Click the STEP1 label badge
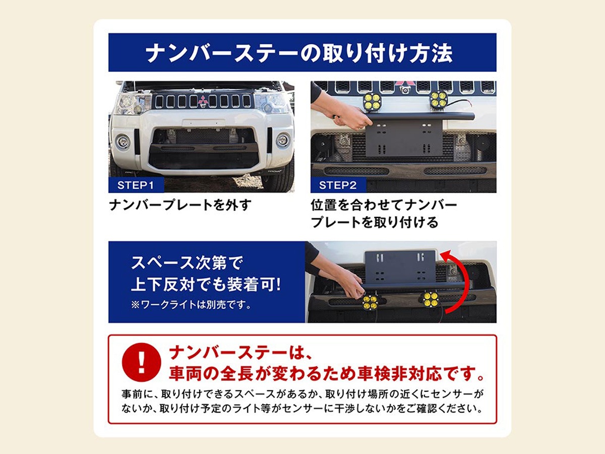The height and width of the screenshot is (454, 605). click(x=136, y=185)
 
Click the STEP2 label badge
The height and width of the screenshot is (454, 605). click(x=338, y=185)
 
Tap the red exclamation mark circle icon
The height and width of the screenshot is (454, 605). click(x=141, y=362)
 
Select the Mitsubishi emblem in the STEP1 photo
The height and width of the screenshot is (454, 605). click(x=203, y=101)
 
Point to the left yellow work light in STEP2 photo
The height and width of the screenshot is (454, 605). click(x=372, y=101)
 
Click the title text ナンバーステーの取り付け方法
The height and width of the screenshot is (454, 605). click(x=299, y=52)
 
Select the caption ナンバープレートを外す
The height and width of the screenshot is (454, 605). click(x=180, y=205)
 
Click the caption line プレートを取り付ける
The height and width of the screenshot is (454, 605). click(x=374, y=222)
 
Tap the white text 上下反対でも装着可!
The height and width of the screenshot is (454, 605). click(x=206, y=285)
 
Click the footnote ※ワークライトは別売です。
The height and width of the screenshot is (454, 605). click(x=191, y=305)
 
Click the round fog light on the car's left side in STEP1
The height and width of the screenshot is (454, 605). click(x=123, y=142)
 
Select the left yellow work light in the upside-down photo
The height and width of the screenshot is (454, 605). click(x=371, y=302)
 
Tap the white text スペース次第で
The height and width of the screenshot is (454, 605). click(x=187, y=263)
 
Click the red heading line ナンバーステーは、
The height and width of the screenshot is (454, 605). click(x=240, y=353)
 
